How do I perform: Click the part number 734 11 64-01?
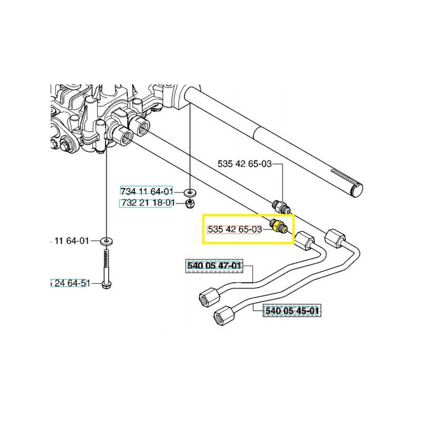click(147, 191)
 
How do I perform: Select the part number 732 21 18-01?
click(147, 203)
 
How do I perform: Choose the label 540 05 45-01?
click(292, 311)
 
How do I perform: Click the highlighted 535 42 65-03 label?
click(235, 229)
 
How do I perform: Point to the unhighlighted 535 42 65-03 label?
click(244, 164)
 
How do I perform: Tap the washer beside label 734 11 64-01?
click(189, 191)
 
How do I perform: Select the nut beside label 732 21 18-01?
click(189, 203)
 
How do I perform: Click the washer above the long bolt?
click(107, 241)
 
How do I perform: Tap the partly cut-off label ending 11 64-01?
click(70, 241)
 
